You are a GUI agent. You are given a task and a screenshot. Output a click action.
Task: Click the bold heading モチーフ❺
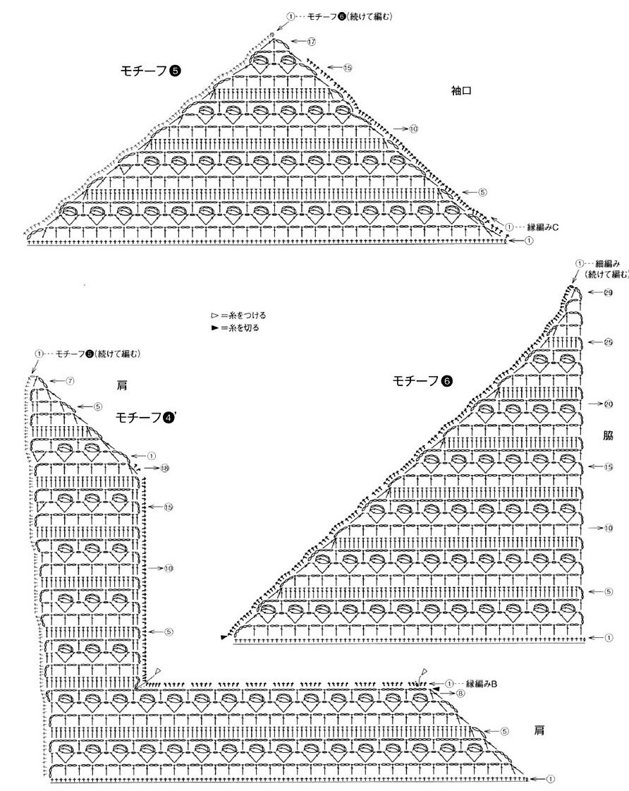tap(151, 70)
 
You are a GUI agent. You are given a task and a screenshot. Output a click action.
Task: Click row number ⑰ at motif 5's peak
tap(311, 42)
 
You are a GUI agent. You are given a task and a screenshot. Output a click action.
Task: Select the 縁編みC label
tap(544, 227)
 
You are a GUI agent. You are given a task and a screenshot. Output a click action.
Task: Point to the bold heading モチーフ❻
tap(422, 381)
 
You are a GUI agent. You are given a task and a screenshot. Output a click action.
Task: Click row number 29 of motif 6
tap(607, 292)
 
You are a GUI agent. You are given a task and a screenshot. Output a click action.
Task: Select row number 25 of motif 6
tap(607, 342)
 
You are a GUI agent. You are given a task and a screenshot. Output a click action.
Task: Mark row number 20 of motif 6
tap(607, 404)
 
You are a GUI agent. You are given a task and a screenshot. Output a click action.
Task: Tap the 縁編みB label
tap(482, 684)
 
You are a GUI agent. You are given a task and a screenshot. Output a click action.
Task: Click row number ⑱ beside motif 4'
tap(164, 468)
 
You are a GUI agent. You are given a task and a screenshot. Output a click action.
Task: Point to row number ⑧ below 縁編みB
tap(460, 694)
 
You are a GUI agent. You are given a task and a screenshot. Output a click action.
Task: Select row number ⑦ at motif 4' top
tap(70, 381)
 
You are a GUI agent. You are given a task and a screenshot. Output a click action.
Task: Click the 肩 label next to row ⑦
tap(123, 386)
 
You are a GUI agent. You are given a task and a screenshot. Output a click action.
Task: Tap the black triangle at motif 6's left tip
tap(224, 637)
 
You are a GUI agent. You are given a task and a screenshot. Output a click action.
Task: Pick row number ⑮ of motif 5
tap(348, 68)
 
